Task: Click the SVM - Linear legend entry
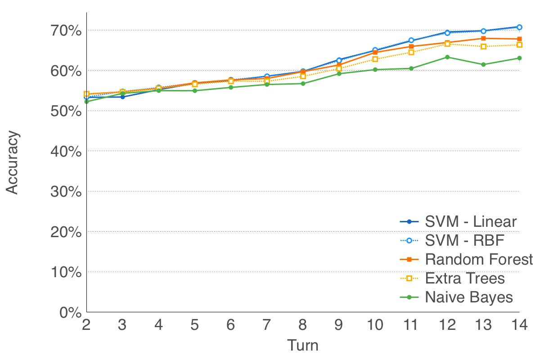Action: point(471,222)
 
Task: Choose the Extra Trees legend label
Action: point(465,279)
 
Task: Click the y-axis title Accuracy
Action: point(13,162)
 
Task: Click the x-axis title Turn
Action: point(302,346)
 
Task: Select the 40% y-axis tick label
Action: point(65,152)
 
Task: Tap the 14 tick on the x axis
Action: point(519,325)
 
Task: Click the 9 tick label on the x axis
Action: point(339,325)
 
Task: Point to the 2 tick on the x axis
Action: point(86,325)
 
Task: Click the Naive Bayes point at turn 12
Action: point(447,57)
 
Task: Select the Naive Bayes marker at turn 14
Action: point(519,58)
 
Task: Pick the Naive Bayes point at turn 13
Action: point(483,64)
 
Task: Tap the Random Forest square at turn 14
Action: point(519,39)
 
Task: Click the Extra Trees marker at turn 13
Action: point(483,46)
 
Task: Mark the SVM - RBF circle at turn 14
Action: point(519,27)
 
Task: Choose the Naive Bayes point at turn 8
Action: point(303,84)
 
